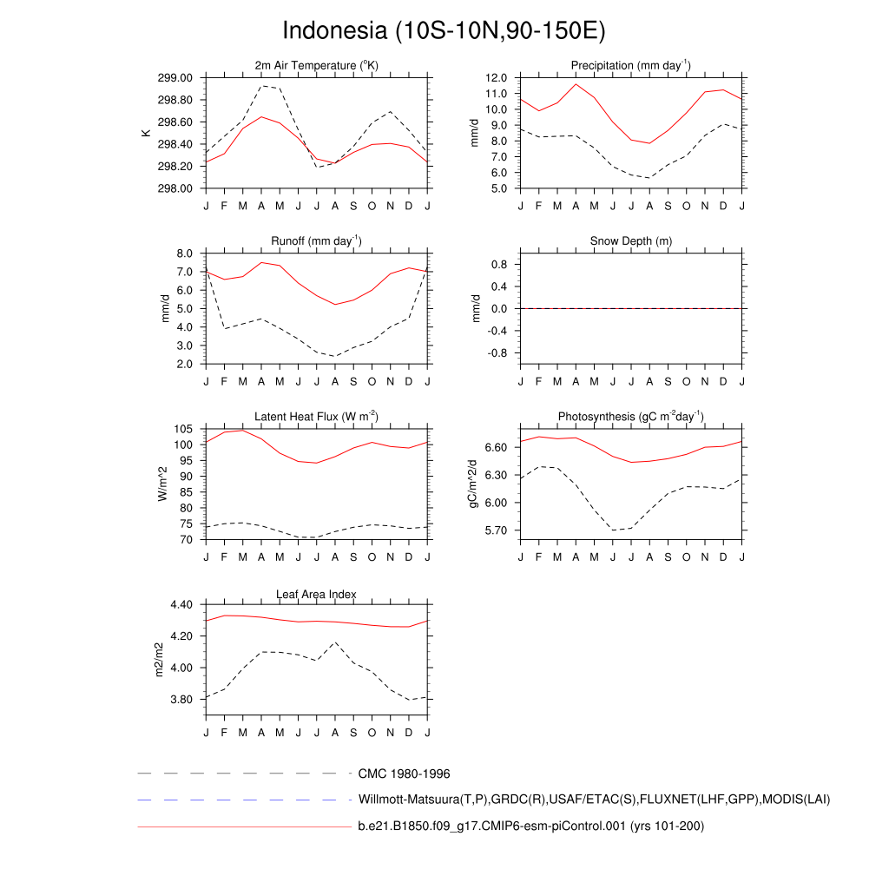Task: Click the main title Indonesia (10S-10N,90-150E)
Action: [x=444, y=30]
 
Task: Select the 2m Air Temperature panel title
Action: [x=317, y=66]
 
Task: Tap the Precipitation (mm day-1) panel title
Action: [x=630, y=66]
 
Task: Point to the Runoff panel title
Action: [x=317, y=240]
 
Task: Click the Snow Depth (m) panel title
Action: [x=630, y=240]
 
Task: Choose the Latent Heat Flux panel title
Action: [x=317, y=417]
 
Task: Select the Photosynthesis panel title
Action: [x=630, y=417]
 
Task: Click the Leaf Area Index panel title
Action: [x=317, y=594]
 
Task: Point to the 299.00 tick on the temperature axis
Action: [x=176, y=78]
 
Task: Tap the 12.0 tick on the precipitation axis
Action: [x=496, y=78]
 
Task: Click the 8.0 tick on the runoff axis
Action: [x=184, y=254]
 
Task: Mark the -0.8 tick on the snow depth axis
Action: [x=497, y=353]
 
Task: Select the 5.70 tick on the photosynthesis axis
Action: [x=493, y=530]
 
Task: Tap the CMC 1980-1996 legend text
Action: [x=404, y=773]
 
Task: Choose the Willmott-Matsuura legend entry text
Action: [x=594, y=799]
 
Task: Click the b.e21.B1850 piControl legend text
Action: [x=530, y=826]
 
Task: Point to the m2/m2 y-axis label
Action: [x=159, y=659]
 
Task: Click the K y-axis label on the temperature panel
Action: [x=146, y=133]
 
